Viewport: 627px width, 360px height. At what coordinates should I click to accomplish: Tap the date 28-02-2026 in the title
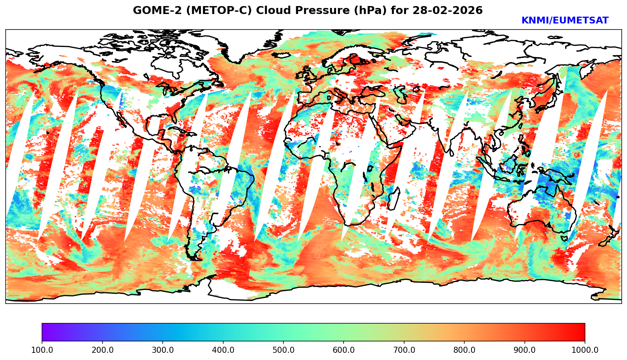(448, 11)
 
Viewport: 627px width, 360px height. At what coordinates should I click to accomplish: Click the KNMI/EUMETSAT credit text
(565, 21)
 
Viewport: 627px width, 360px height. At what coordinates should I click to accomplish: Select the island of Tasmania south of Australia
(564, 238)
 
